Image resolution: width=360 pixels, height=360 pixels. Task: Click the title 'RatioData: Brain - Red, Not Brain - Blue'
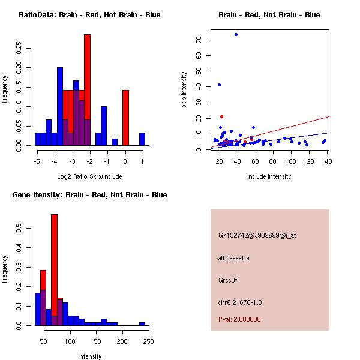pos(89,15)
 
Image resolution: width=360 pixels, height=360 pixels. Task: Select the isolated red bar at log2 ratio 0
pos(125,117)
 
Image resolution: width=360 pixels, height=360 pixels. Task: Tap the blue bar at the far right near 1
pos(142,139)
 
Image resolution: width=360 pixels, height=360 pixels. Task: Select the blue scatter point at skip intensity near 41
pos(219,85)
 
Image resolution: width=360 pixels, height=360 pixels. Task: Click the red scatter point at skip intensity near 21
pos(221,116)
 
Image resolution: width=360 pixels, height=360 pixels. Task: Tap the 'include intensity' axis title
pos(269,176)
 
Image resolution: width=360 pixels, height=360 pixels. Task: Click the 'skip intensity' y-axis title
pos(184,90)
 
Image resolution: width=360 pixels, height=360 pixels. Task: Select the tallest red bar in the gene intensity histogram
pos(54,270)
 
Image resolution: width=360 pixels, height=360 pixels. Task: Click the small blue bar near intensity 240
pos(142,323)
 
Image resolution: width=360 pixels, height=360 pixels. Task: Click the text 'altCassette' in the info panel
pos(234,258)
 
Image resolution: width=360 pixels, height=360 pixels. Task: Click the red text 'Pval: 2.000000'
pos(239,319)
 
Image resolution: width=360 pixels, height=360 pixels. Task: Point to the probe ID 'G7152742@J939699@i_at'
pos(257,235)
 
